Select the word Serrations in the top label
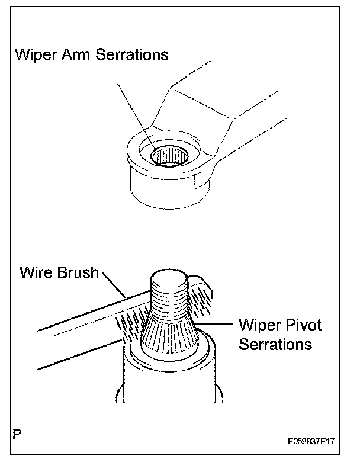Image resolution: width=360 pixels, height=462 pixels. click(x=131, y=55)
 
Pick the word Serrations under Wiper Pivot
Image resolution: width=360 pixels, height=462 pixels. click(x=275, y=344)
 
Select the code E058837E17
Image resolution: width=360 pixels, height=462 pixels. click(x=314, y=442)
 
